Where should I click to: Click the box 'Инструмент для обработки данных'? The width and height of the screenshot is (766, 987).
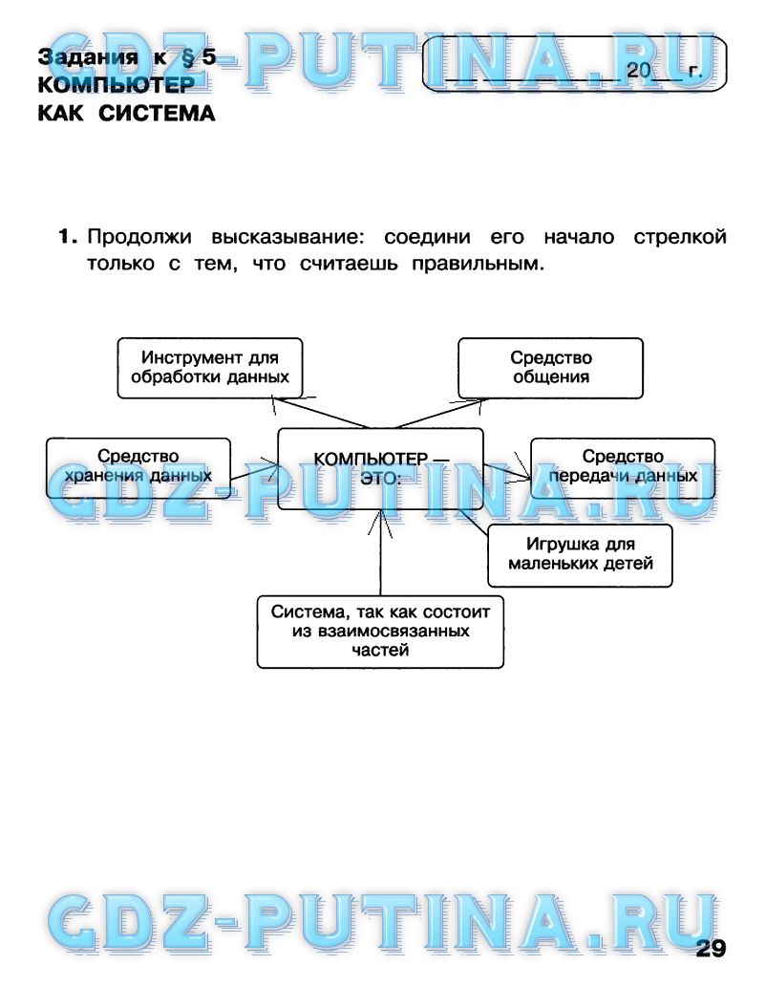pos(209,368)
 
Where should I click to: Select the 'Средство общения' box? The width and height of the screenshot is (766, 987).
pos(550,368)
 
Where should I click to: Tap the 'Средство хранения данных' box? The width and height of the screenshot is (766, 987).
pos(138,468)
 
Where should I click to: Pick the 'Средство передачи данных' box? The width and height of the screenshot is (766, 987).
pos(623,468)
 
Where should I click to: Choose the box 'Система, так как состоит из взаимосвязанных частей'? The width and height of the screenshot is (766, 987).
pos(380,632)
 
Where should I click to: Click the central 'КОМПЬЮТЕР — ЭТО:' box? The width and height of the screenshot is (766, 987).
pos(380,469)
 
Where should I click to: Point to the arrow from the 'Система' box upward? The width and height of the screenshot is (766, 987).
pos(380,552)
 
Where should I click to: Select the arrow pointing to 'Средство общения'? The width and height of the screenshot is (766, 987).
pos(440,413)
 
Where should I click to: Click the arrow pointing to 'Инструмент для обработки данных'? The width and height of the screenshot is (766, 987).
pos(321,413)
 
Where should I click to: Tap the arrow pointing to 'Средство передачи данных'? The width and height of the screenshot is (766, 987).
pos(507,472)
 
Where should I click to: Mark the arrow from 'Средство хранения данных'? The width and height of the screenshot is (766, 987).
pos(254,472)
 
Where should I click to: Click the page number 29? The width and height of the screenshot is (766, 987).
pos(711,948)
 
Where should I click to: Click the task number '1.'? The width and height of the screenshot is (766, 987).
pos(68,237)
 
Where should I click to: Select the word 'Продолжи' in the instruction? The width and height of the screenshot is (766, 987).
pos(139,237)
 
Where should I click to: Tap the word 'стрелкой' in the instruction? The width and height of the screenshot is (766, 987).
pos(680,237)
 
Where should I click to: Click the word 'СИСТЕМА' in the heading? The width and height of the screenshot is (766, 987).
pos(157,114)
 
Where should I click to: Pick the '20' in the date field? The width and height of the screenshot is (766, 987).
pos(638,71)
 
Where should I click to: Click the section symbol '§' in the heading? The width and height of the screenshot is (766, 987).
pos(187,58)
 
